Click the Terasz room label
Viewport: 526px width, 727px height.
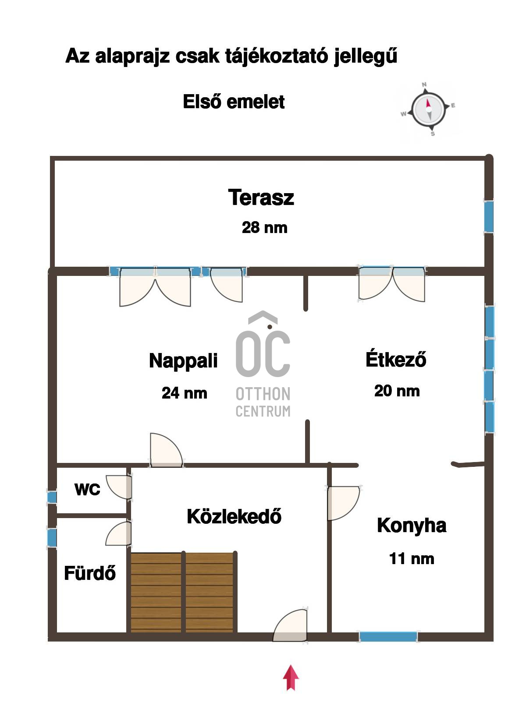(261, 198)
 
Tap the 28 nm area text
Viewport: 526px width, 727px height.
(264, 227)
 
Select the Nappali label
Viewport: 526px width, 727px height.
(183, 361)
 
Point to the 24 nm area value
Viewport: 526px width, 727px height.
(184, 393)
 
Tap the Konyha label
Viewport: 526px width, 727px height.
(412, 526)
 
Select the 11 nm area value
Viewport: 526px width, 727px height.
(412, 559)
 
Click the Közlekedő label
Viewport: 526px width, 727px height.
(234, 516)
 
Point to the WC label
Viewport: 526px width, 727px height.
(87, 490)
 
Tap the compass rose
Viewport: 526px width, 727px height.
(428, 109)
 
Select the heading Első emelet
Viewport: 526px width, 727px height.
(234, 102)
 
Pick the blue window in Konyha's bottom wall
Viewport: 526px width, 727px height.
(388, 636)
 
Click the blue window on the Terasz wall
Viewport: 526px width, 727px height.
(489, 216)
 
